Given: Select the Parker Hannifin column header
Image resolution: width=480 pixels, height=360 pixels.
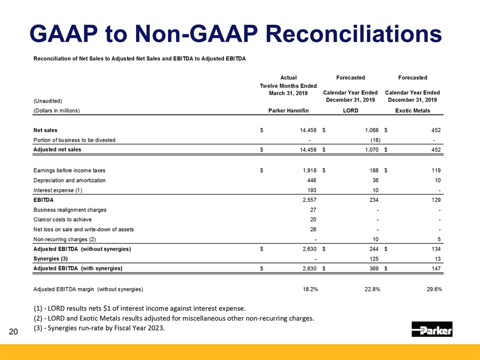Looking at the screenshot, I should point(288,110).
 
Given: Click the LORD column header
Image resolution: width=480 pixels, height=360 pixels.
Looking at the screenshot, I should point(350,110).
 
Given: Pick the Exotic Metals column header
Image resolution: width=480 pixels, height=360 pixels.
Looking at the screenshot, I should point(412,110).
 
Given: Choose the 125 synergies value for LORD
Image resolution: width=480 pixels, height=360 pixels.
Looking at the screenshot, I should point(373,258).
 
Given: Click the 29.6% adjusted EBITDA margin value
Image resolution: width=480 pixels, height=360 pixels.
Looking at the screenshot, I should point(433,289).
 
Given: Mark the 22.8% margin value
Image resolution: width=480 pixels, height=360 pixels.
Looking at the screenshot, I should point(370,289).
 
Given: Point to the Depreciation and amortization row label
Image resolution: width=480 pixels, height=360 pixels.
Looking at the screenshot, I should point(69,180).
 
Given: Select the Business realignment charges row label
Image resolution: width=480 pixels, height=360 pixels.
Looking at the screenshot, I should point(70,210).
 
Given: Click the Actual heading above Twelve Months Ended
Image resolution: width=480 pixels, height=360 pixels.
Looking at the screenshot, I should point(288,77).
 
